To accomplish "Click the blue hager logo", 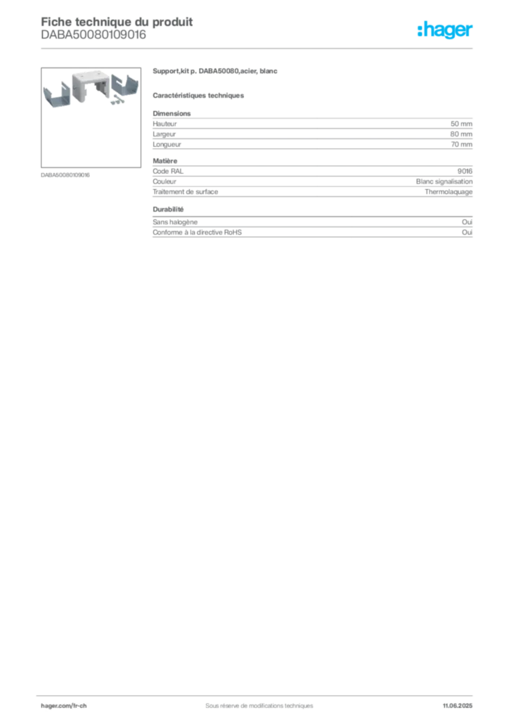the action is tap(446, 30).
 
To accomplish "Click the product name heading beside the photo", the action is tap(216, 72).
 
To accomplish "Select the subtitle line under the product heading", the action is tap(200, 95).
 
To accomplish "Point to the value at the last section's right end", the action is tap(472, 221).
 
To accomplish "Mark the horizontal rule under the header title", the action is tap(258, 47).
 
